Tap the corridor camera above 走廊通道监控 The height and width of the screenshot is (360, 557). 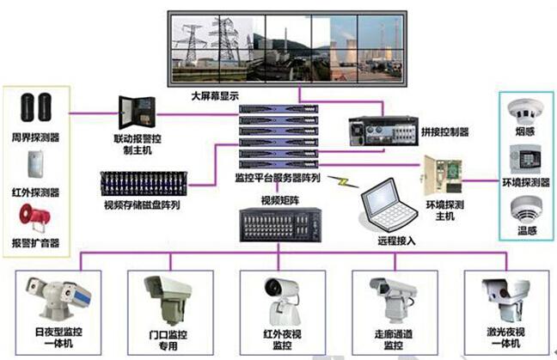coord(388,296)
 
